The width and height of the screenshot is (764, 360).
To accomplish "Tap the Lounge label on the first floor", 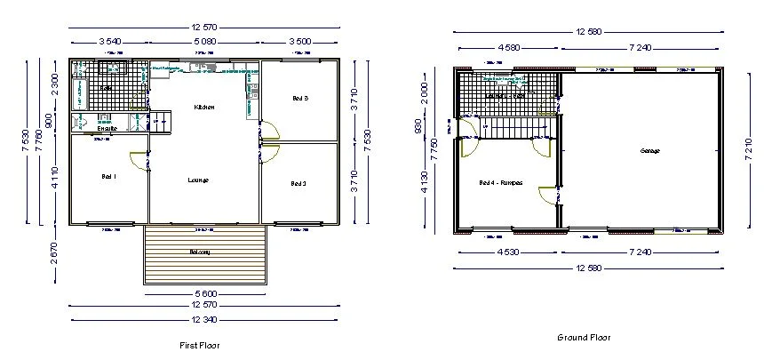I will pyautogui.click(x=198, y=180).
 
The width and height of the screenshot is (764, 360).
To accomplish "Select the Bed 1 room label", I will pyautogui.click(x=109, y=177).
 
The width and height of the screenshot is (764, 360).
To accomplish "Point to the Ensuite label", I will pyautogui.click(x=107, y=129).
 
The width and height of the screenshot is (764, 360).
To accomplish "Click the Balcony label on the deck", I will pyautogui.click(x=200, y=252).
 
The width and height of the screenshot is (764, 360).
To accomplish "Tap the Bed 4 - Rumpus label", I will pyautogui.click(x=501, y=183).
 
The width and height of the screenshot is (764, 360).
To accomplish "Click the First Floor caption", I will pyautogui.click(x=199, y=344).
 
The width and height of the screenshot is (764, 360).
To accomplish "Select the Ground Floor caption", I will pyautogui.click(x=584, y=338).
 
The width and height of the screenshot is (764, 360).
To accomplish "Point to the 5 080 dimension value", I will pyautogui.click(x=204, y=41).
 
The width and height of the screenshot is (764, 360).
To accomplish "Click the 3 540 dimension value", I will pyautogui.click(x=110, y=41).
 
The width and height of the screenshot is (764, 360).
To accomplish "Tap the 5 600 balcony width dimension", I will pyautogui.click(x=204, y=293).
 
